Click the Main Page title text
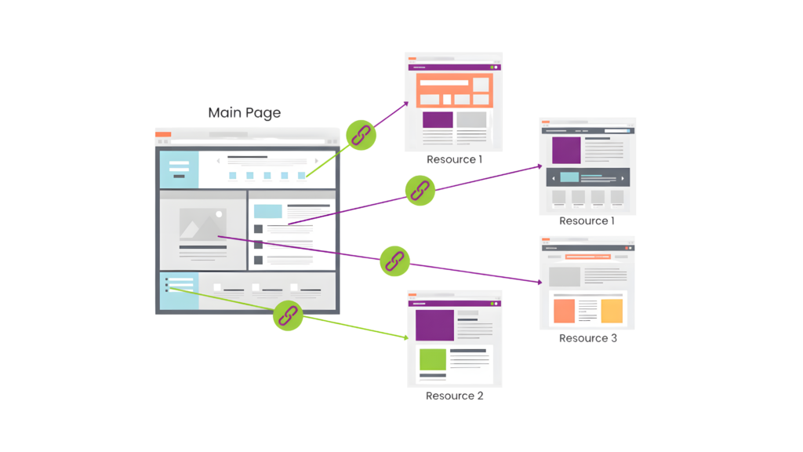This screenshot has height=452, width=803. (x=244, y=113)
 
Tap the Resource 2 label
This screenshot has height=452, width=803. (x=454, y=395)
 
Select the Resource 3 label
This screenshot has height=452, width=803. (x=587, y=338)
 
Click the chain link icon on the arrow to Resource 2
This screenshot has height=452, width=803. (x=288, y=315)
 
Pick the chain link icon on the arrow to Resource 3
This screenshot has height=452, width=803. (x=394, y=261)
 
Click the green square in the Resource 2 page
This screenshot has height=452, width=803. (x=432, y=359)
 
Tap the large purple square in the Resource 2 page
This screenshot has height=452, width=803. (x=434, y=325)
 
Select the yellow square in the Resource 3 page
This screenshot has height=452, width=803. (x=612, y=311)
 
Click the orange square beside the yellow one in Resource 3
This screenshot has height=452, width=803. (x=564, y=311)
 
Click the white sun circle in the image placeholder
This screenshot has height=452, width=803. (x=221, y=213)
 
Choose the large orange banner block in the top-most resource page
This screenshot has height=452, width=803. (x=454, y=89)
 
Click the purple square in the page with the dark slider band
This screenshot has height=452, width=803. (x=566, y=150)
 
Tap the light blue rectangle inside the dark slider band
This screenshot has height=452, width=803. (x=569, y=177)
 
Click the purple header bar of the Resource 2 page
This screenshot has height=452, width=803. (x=454, y=302)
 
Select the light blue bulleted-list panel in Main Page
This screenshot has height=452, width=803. (x=179, y=290)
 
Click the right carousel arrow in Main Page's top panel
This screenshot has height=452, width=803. (x=316, y=161)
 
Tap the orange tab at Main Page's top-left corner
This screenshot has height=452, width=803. (x=163, y=134)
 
